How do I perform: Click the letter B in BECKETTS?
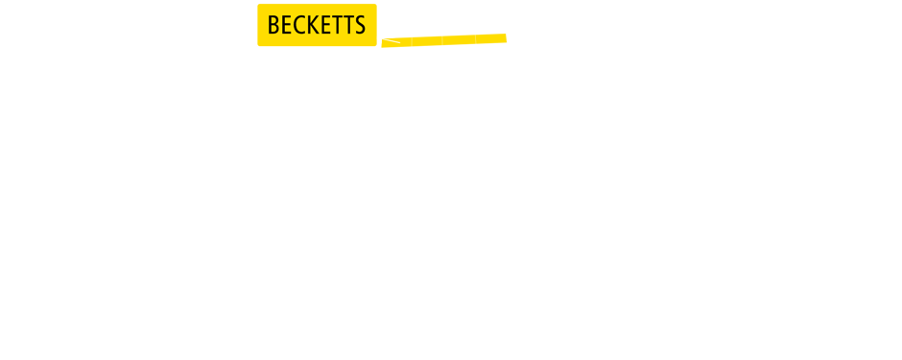[x=273, y=26]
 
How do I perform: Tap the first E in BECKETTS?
[x=286, y=26]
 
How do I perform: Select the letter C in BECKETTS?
[x=298, y=26]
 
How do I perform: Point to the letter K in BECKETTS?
[x=312, y=26]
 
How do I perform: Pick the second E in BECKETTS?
[x=324, y=26]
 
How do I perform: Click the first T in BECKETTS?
[x=336, y=26]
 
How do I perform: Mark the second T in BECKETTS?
[x=347, y=26]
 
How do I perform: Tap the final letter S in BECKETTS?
[x=359, y=26]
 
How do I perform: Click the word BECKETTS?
[x=317, y=26]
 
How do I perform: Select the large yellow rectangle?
[x=697, y=182]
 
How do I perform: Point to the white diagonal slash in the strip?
[x=392, y=41]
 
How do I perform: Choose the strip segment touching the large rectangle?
[x=483, y=40]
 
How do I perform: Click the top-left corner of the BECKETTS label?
[x=257, y=4]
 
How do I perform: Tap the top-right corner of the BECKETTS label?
[x=376, y=4]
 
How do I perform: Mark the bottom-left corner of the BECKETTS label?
[x=257, y=45]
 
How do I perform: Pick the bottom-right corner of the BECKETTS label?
[x=376, y=45]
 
